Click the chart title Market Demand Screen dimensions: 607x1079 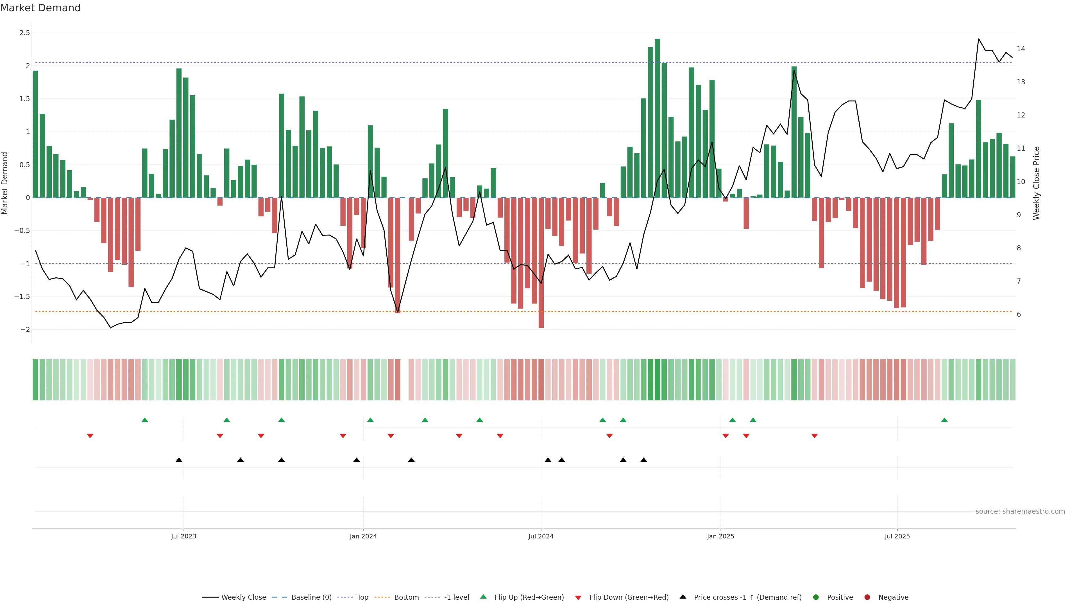40,8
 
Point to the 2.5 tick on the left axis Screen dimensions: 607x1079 25,33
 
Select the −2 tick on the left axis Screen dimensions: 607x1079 25,330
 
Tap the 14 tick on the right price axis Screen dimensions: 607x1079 1021,49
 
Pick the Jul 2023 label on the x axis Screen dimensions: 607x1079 183,536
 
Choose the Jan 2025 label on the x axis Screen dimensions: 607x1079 720,536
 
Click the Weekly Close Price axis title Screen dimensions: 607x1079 1036,183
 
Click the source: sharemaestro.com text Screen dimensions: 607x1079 1020,511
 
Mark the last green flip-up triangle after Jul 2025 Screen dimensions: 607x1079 944,420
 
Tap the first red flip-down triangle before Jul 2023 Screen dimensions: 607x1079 90,436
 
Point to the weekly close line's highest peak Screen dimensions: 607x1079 978,39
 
